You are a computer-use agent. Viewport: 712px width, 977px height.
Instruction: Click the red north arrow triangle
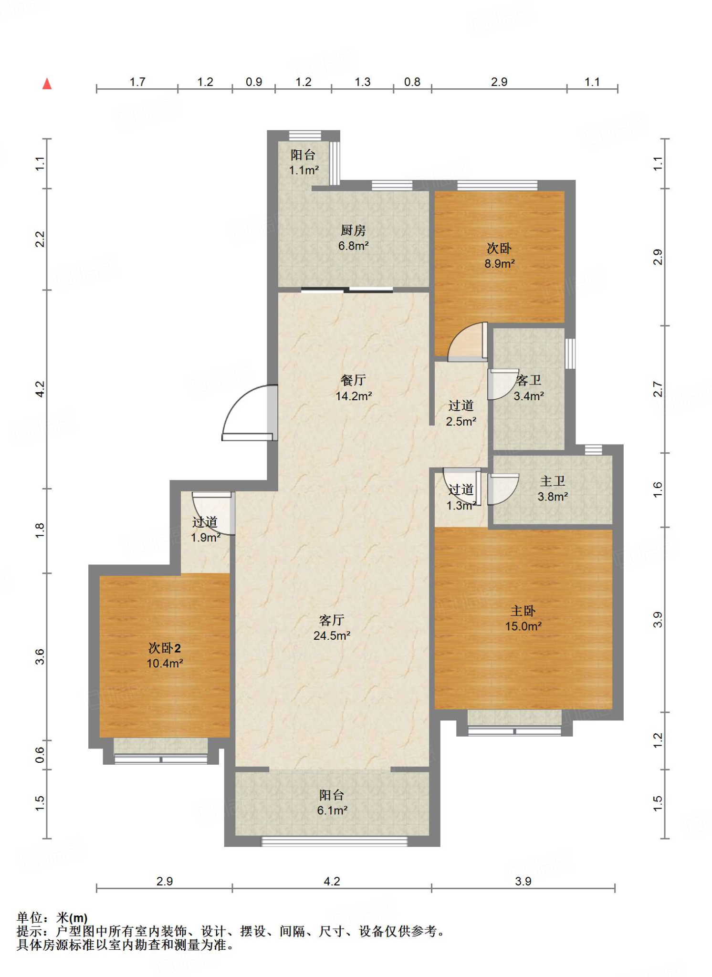(x=47, y=84)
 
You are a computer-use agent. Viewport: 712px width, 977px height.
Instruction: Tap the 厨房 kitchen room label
(x=353, y=230)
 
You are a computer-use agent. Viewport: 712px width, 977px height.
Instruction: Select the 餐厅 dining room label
(x=353, y=380)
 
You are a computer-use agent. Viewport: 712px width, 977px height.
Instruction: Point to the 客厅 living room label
(x=332, y=620)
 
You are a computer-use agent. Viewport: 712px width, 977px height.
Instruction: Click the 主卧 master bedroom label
(x=523, y=611)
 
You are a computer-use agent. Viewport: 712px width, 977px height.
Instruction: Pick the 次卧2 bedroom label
(x=165, y=648)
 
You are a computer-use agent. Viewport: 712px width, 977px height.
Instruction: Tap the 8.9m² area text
(x=500, y=264)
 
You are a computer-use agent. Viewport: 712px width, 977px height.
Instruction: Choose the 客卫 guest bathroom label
(x=529, y=380)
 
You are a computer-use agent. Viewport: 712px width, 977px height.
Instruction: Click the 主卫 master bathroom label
(x=553, y=481)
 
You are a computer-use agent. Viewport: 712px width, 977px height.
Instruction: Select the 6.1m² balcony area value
(x=332, y=811)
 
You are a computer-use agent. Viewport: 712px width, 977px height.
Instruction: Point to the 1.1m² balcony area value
(x=304, y=170)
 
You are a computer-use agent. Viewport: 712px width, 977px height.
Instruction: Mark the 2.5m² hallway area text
(x=461, y=422)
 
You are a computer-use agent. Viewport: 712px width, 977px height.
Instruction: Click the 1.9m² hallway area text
(x=206, y=538)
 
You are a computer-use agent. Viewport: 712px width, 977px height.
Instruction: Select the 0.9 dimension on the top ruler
(x=254, y=82)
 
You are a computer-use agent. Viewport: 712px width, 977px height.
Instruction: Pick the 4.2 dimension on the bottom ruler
(x=332, y=881)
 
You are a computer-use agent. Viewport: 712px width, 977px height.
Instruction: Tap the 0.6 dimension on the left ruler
(x=40, y=755)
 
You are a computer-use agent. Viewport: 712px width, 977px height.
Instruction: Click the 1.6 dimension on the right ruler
(x=658, y=490)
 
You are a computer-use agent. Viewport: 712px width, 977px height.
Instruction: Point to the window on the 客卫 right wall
(x=570, y=353)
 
